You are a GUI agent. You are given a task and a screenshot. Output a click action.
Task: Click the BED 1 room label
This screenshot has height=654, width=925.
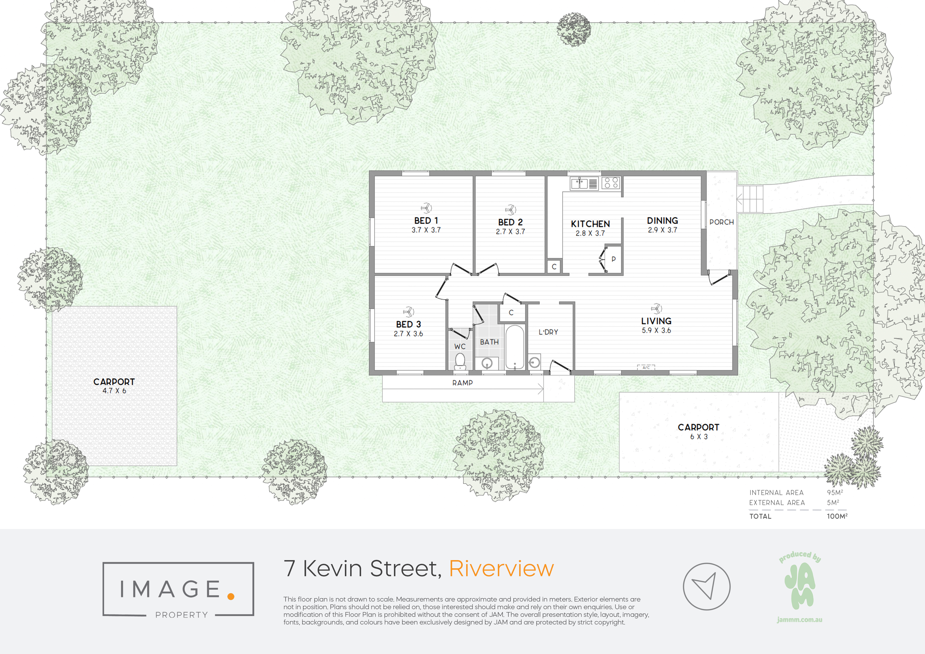coord(426,220)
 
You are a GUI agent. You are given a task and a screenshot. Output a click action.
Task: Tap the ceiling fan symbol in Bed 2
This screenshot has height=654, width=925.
coord(510,210)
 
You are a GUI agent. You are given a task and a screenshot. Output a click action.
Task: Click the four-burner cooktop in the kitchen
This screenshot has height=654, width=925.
coord(611,183)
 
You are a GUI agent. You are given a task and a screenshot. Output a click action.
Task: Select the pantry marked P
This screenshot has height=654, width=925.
coord(613,259)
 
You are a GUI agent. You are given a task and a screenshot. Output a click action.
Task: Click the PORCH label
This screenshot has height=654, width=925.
coord(721,222)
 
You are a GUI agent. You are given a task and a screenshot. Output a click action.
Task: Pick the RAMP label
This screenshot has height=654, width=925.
coord(462,383)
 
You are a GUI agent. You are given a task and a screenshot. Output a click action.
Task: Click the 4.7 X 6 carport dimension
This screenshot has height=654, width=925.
coord(114,391)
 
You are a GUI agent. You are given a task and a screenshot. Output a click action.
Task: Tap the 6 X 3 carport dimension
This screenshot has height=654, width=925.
coord(698,436)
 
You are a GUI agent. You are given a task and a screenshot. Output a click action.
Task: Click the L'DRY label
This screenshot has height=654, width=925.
coord(548,332)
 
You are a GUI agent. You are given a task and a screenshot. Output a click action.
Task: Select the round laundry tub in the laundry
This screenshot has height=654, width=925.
coord(534,362)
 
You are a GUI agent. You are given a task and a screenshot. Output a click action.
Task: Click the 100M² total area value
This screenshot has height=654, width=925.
coord(837,516)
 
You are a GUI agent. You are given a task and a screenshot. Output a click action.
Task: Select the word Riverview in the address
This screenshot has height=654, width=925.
coord(501,569)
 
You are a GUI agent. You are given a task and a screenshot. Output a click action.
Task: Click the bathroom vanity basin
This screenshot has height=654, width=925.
coord(487,363)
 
